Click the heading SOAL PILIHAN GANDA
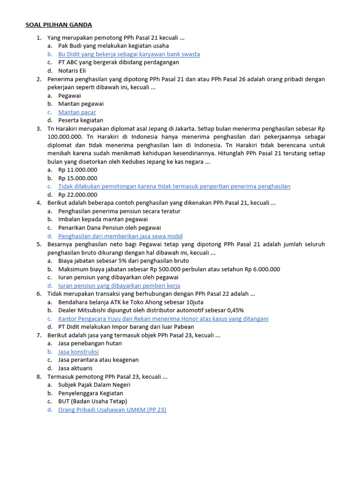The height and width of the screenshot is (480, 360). point(59,25)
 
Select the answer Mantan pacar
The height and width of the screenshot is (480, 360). point(77,112)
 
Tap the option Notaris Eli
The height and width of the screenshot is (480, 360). point(72,70)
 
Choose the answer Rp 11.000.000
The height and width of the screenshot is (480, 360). point(78,170)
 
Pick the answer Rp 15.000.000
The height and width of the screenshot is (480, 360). point(78,178)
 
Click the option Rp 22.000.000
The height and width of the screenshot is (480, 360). point(78,195)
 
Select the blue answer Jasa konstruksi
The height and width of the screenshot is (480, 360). point(78,352)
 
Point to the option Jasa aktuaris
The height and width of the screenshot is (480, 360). point(75,368)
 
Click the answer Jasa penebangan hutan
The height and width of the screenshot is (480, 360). point(90,343)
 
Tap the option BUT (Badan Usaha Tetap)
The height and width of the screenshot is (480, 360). point(92,401)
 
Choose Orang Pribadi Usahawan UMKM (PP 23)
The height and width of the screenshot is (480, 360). point(112,410)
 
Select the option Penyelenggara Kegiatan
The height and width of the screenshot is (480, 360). point(90,393)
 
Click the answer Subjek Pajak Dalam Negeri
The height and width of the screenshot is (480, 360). point(94,385)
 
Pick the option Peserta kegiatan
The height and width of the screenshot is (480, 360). point(81,120)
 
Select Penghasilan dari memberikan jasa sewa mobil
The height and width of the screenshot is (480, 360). point(120,236)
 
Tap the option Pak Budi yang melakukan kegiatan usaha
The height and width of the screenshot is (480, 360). point(113,46)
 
